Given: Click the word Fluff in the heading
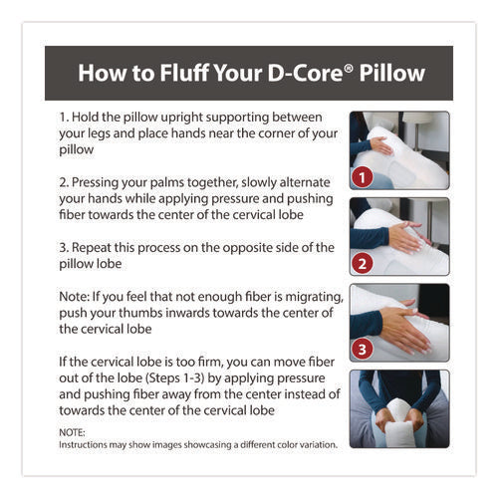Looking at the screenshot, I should tap(176, 73).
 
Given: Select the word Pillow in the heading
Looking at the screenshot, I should tap(391, 73).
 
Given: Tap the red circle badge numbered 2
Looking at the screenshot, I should tap(365, 264).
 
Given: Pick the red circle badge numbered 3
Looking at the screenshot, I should tap(365, 350).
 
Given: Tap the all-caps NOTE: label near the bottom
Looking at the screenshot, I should tap(72, 432).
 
